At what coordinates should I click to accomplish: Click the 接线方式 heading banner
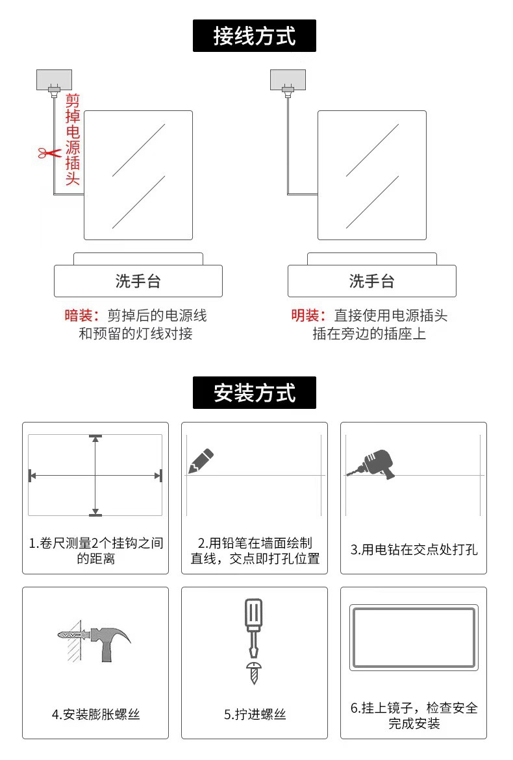(254, 36)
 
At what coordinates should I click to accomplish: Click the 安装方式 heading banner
(254, 393)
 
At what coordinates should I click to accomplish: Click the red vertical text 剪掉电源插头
(72, 140)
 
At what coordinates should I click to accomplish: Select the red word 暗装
(80, 316)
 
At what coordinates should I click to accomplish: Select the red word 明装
(307, 316)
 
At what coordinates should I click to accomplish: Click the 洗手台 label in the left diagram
(138, 281)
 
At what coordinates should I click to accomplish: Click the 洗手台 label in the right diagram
(371, 281)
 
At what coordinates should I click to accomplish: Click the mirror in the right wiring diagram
(371, 175)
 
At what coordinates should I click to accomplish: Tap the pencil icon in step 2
(201, 460)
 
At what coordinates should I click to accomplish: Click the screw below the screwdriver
(253, 672)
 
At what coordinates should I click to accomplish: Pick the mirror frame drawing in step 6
(414, 638)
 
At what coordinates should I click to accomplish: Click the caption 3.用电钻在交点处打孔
(414, 550)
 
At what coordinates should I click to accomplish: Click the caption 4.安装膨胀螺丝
(95, 715)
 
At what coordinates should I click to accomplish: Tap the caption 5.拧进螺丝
(255, 715)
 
